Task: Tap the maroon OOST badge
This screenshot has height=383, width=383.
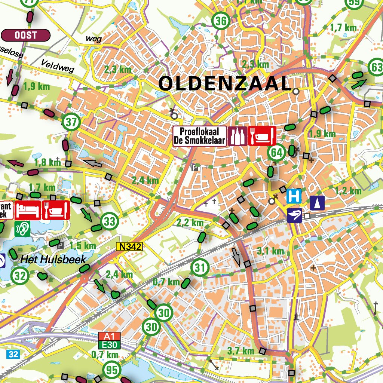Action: pyautogui.click(x=26, y=35)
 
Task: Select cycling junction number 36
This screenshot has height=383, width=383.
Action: pyautogui.click(x=221, y=21)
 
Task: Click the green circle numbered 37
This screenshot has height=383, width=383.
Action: pyautogui.click(x=71, y=122)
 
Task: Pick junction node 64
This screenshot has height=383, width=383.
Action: pyautogui.click(x=276, y=153)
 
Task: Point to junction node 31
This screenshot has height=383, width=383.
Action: pyautogui.click(x=200, y=268)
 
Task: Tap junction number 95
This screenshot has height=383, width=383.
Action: pyautogui.click(x=111, y=370)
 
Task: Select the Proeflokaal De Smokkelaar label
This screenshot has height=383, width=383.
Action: pyautogui.click(x=200, y=136)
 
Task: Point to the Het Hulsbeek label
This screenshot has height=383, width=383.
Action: pyautogui.click(x=53, y=260)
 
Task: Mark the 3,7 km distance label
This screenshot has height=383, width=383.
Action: pyautogui.click(x=241, y=351)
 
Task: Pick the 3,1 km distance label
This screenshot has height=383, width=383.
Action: pyautogui.click(x=270, y=251)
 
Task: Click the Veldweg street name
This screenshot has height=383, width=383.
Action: pyautogui.click(x=58, y=66)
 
